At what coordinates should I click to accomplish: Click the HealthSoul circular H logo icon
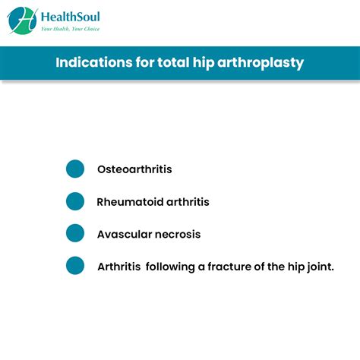pyautogui.click(x=22, y=21)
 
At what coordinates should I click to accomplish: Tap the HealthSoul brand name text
pyautogui.click(x=71, y=17)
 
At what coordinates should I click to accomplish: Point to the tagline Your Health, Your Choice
pyautogui.click(x=71, y=29)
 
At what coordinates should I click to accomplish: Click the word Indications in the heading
pyautogui.click(x=94, y=62)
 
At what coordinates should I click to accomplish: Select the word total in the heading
pyautogui.click(x=173, y=62)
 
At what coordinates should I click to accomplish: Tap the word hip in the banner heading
pyautogui.click(x=204, y=63)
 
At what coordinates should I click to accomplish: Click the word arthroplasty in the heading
pyautogui.click(x=261, y=63)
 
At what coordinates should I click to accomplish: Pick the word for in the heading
pyautogui.click(x=145, y=62)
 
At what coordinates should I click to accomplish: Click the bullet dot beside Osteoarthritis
pyautogui.click(x=75, y=169)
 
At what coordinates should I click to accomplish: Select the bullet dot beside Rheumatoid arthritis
pyautogui.click(x=75, y=201)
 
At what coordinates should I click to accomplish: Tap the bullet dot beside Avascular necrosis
pyautogui.click(x=75, y=233)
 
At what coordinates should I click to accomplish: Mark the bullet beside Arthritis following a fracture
pyautogui.click(x=75, y=266)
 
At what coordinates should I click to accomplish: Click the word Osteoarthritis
pyautogui.click(x=134, y=169)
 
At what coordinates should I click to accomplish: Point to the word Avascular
pyautogui.click(x=125, y=235)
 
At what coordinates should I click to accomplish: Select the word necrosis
pyautogui.click(x=178, y=235)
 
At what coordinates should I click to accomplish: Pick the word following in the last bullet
pyautogui.click(x=170, y=267)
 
